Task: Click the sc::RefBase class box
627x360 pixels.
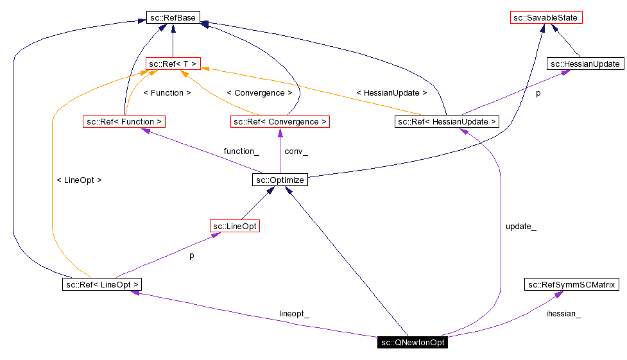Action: click(x=172, y=18)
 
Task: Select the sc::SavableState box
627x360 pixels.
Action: click(x=546, y=18)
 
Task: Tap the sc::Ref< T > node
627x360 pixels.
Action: click(x=173, y=64)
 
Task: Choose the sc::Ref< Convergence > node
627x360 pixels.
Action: click(x=280, y=121)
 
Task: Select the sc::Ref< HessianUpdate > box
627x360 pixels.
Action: click(x=447, y=121)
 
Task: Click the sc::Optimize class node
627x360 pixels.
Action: click(x=279, y=180)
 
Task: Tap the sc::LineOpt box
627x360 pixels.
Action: click(x=235, y=226)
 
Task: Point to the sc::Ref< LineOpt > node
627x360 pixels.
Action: click(x=101, y=284)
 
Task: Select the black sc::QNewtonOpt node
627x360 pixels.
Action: click(x=412, y=342)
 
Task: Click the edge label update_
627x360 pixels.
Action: click(x=521, y=227)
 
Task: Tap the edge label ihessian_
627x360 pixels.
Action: click(x=563, y=314)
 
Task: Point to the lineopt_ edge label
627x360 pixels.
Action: click(x=294, y=314)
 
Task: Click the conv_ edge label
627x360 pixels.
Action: click(x=296, y=151)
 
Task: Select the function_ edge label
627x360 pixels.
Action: click(x=241, y=151)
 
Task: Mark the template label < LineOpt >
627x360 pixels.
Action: click(x=79, y=180)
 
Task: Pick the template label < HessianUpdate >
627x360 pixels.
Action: click(x=391, y=93)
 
